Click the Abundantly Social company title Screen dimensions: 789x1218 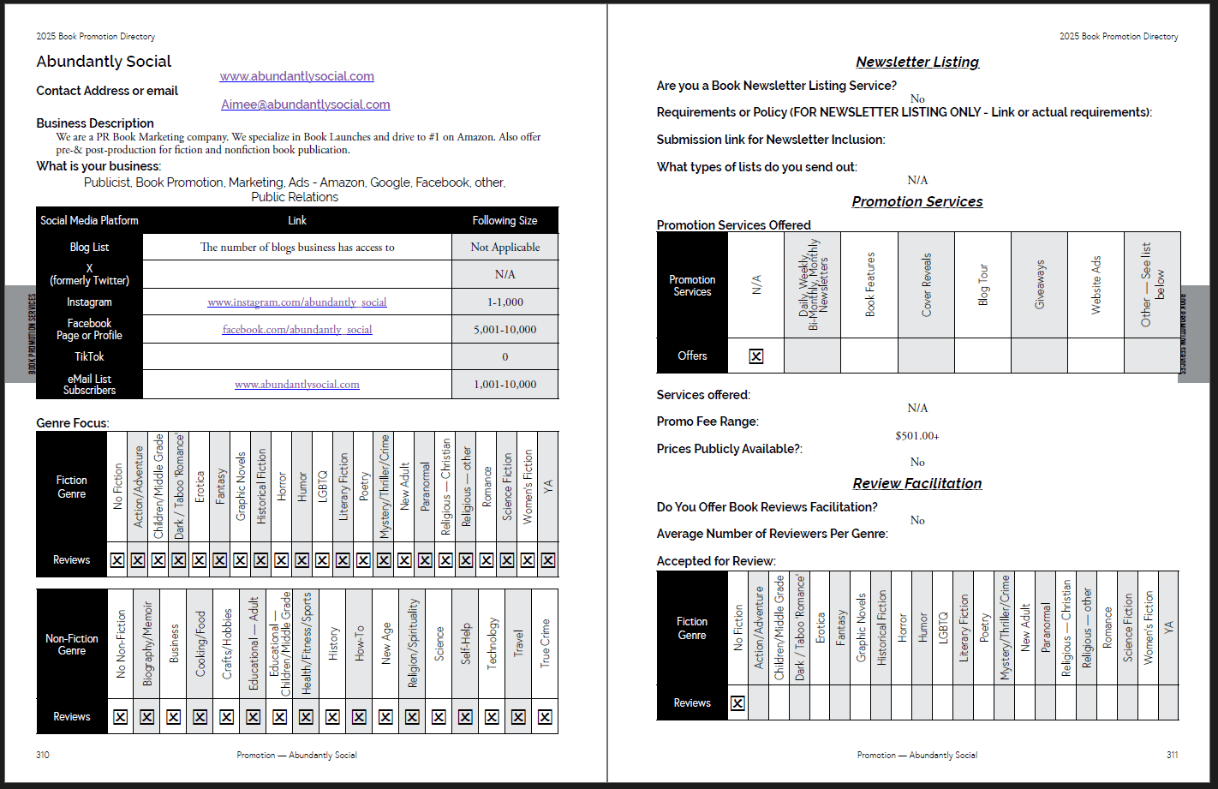tap(104, 62)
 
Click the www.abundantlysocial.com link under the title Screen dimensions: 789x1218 tap(296, 76)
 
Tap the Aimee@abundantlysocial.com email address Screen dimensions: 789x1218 tap(306, 105)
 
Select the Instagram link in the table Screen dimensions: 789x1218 tap(297, 302)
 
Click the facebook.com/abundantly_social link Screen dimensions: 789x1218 tap(297, 330)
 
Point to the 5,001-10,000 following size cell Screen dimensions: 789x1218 tap(505, 330)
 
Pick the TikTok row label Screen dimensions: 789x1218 tap(89, 356)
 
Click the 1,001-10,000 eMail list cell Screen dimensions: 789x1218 tap(505, 385)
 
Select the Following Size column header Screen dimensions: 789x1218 tap(505, 221)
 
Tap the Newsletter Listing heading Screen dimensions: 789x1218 tap(917, 62)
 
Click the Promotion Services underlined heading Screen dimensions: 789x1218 tap(917, 202)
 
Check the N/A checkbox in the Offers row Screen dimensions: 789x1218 tap(756, 356)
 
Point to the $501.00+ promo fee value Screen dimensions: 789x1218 tap(917, 436)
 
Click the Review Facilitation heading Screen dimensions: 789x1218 tap(917, 484)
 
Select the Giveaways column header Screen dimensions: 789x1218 tap(1040, 284)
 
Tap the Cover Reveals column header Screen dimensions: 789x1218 tap(926, 284)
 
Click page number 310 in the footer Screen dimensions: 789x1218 tap(43, 756)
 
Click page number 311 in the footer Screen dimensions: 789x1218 tap(1172, 756)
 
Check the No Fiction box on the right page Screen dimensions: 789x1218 tap(737, 703)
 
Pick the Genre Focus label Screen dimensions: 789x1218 tap(73, 423)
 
